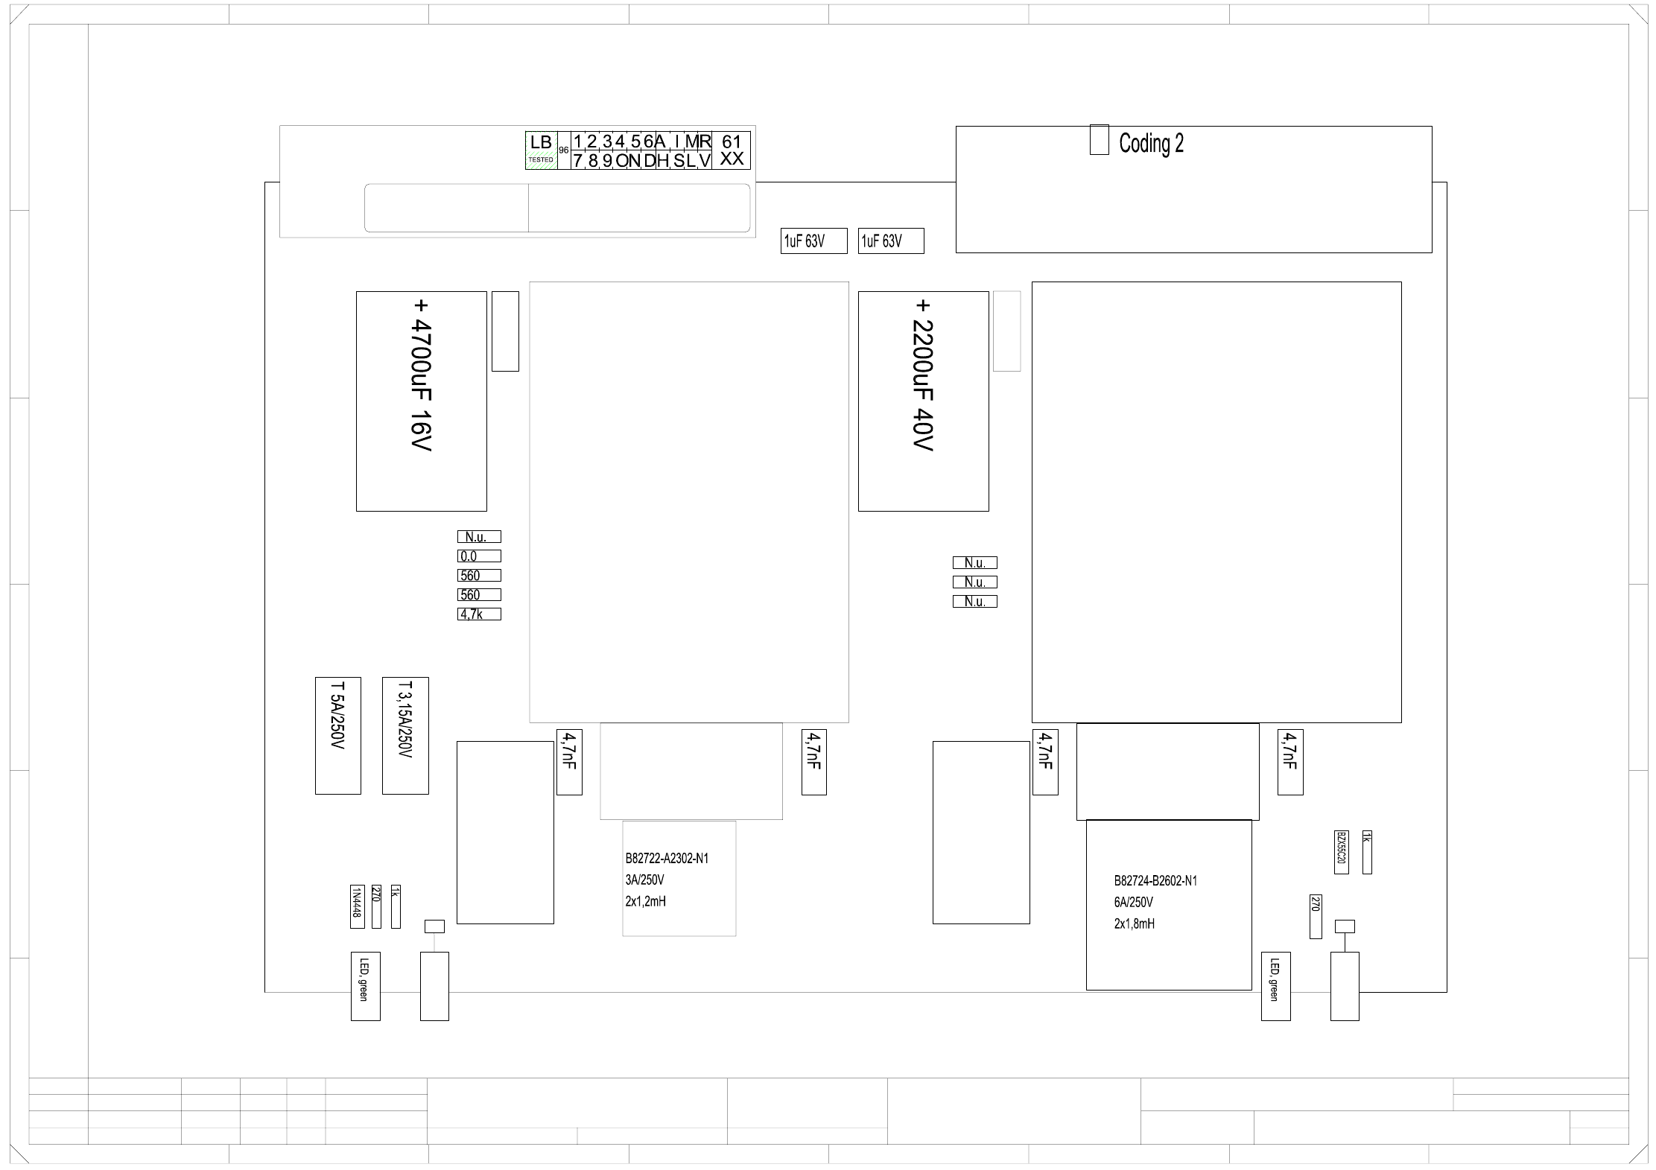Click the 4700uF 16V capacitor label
tap(422, 376)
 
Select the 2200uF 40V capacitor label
tap(924, 376)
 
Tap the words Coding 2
tap(1151, 143)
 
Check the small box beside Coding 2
tap(1100, 140)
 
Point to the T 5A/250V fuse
tap(338, 736)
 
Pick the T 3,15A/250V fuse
tap(405, 736)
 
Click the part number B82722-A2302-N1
tap(667, 859)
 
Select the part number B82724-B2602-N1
tap(1155, 881)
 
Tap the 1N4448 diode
tap(357, 906)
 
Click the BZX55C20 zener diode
tap(1341, 852)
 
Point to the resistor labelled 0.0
tap(479, 556)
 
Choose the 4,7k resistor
tap(479, 614)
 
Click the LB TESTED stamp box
tap(541, 150)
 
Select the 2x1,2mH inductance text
tap(646, 902)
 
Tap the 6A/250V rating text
tap(1134, 903)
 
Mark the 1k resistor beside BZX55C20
tap(1367, 852)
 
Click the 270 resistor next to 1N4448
tap(376, 906)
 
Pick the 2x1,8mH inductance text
tap(1135, 924)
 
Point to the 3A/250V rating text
tap(644, 880)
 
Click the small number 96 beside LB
tap(564, 150)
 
